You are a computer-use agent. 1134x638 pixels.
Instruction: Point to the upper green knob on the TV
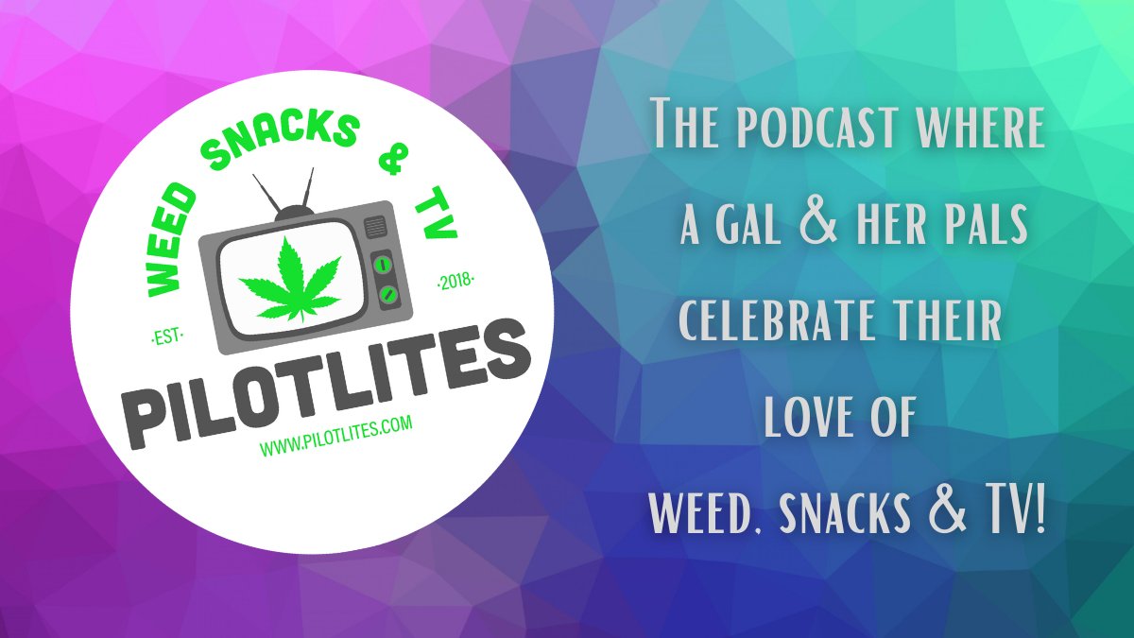(x=384, y=265)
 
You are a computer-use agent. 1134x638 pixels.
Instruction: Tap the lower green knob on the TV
(x=386, y=296)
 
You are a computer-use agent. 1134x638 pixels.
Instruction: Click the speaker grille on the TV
(x=376, y=228)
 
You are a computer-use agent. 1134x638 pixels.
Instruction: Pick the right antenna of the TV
(x=313, y=185)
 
